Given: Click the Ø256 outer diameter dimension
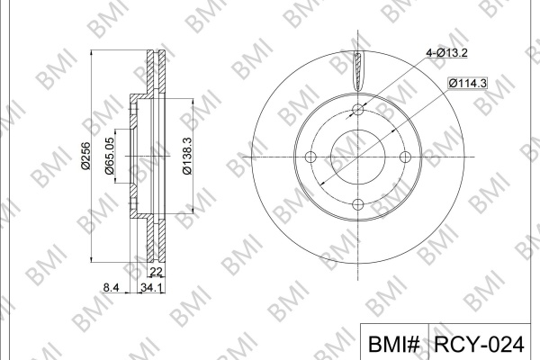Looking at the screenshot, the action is tap(85, 156).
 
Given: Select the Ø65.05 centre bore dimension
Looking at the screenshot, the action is tap(110, 156).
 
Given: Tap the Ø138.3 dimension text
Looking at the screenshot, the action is tap(187, 156).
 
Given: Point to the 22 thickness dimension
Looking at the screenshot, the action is tap(156, 272).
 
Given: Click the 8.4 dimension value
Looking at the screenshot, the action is tap(111, 287).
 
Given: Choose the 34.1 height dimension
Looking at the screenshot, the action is tap(151, 287).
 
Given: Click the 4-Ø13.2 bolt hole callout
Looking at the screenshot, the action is tap(446, 53).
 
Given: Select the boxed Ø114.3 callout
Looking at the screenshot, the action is tap(468, 83).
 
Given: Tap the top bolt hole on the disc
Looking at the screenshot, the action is tap(358, 110).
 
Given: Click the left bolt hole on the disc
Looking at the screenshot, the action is tap(311, 157).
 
